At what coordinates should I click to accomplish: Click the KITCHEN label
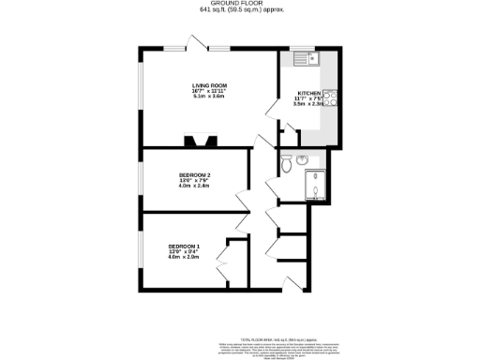point(309,94)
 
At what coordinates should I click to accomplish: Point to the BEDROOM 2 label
point(194,174)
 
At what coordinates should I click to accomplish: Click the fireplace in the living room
point(198,141)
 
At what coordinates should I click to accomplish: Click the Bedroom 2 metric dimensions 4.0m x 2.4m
point(194,187)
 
